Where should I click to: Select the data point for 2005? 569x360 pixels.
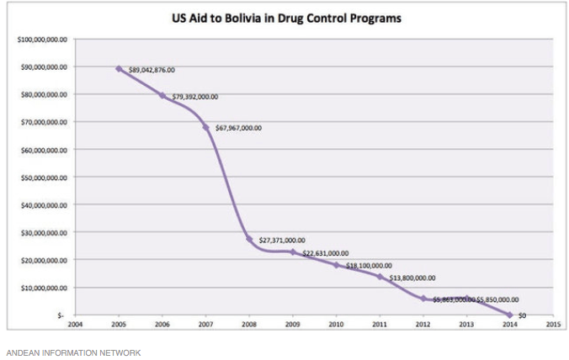119,69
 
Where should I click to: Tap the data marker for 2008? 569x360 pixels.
249,239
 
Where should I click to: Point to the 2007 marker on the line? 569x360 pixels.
205,128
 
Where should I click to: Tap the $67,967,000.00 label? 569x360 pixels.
239,129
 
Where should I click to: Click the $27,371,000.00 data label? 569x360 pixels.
282,240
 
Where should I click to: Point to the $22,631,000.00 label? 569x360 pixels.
325,253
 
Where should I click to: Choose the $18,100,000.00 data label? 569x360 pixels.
369,266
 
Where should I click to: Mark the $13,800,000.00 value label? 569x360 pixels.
412,278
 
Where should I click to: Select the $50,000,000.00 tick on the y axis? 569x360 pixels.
43,177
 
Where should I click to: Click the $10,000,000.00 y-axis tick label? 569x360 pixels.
43,288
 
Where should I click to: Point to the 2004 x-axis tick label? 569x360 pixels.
76,322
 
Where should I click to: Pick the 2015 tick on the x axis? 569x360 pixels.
553,322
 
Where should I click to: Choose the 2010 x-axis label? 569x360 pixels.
336,322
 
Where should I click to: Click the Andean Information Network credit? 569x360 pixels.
73,352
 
